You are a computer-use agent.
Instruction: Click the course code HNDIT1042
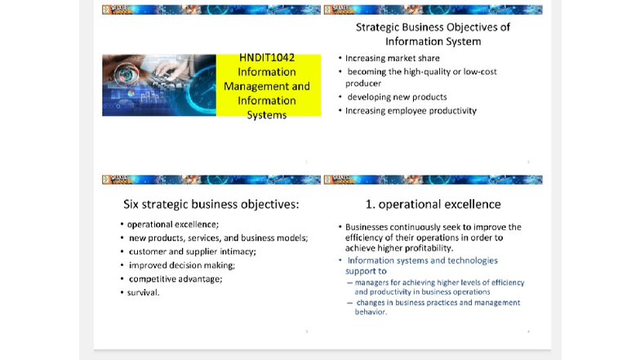[x=267, y=58]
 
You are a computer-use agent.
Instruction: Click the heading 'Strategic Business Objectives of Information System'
[x=433, y=33]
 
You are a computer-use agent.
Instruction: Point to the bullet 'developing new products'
[x=397, y=97]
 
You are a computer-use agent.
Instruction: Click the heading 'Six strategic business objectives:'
[x=211, y=204]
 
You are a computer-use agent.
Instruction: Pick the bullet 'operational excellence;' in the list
[x=172, y=224]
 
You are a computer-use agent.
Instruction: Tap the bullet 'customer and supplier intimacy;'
[x=192, y=251]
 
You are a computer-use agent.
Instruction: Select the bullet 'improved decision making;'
[x=181, y=265]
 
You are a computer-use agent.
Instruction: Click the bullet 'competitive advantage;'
[x=175, y=279]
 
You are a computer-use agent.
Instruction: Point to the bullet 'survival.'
[x=143, y=292]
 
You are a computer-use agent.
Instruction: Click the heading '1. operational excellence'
[x=433, y=204]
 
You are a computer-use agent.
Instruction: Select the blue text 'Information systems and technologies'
[x=422, y=260]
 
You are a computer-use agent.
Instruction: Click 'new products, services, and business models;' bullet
[x=218, y=238]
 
